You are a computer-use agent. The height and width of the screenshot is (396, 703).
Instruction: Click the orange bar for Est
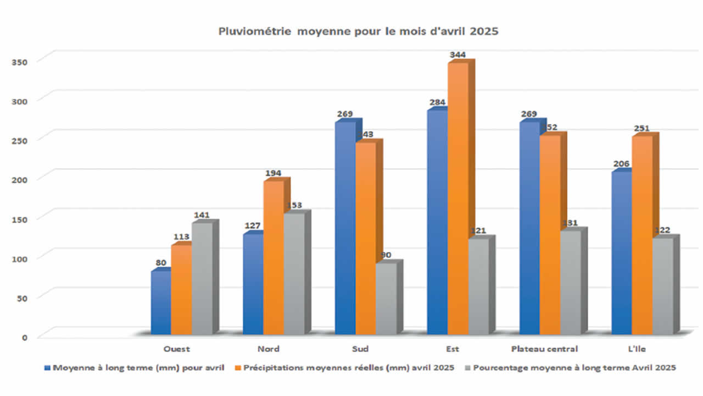[x=457, y=198]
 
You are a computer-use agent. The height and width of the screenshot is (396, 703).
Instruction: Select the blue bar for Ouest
[x=161, y=302]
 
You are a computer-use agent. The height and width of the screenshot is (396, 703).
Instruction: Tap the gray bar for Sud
[x=386, y=300]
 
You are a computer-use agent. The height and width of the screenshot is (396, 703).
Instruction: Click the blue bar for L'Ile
[x=622, y=253]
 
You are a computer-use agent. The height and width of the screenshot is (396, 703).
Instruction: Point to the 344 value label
[x=457, y=54]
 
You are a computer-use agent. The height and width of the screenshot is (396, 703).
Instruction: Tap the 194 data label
[x=274, y=173]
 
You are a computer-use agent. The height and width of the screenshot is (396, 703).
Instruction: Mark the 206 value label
[x=622, y=164]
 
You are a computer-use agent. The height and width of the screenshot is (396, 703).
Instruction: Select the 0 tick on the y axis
[x=24, y=337]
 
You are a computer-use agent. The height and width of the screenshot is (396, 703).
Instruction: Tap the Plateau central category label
[x=544, y=349]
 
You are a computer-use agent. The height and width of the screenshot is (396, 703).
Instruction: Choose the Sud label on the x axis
[x=360, y=349]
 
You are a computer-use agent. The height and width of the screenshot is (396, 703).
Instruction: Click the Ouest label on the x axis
[x=177, y=349]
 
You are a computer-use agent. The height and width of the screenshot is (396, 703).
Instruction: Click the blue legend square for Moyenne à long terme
[x=48, y=367]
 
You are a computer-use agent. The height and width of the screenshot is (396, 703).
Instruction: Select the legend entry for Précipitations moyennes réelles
[x=349, y=367]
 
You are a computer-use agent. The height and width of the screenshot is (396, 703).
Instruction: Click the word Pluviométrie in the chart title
[x=256, y=31]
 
